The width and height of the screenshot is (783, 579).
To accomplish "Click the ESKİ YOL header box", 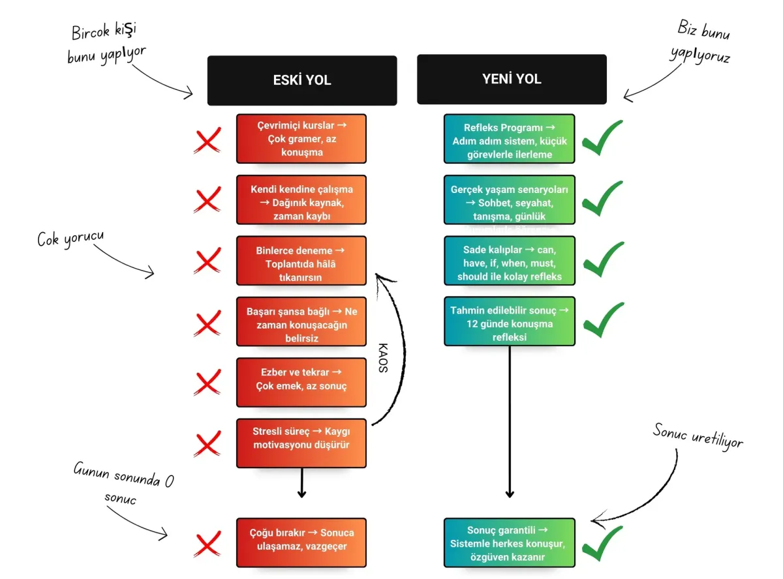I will tap(301, 80).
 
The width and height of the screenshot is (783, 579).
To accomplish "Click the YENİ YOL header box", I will tap(512, 80).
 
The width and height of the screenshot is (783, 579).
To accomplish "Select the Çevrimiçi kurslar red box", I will tap(301, 139).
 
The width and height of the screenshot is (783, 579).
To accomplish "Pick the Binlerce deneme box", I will tap(301, 261).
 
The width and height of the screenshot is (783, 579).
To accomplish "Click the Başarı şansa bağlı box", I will tap(301, 321).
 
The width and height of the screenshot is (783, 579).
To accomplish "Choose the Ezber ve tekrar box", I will tap(301, 379).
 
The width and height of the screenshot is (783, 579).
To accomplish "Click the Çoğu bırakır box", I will tap(301, 539).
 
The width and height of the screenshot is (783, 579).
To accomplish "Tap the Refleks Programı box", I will tap(510, 138).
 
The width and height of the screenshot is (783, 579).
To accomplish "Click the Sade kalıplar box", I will tap(510, 261).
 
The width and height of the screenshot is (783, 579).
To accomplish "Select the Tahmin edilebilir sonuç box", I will tap(510, 321).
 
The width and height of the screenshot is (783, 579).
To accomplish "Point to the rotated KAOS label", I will tap(383, 357).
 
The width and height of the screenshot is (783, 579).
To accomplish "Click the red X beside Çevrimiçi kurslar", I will tap(207, 140).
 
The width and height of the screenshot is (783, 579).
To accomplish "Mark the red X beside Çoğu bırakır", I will tap(207, 543).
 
